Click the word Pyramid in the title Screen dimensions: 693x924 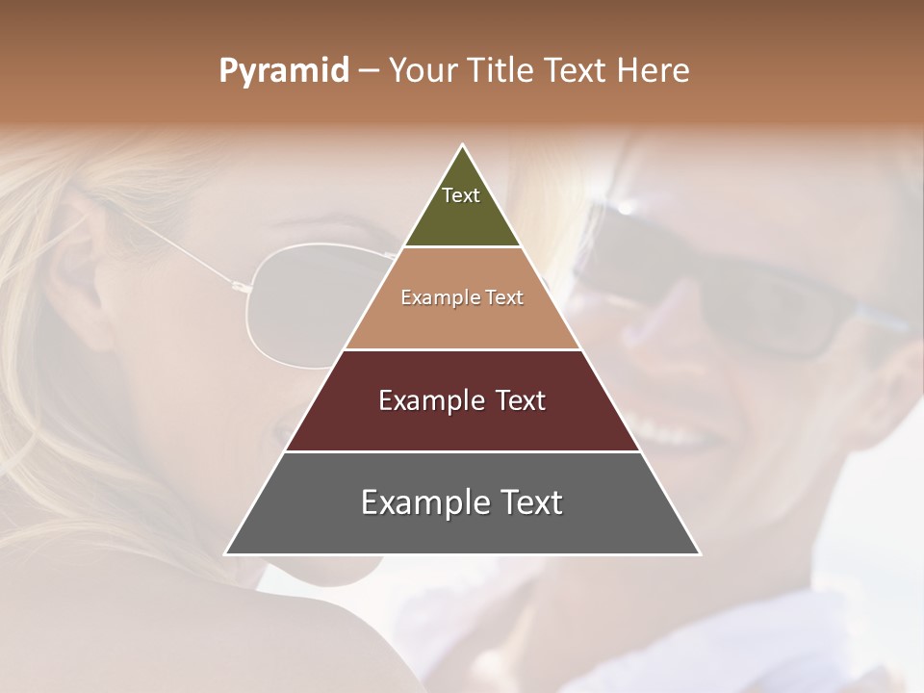[284, 71]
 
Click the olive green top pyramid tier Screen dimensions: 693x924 [462, 217]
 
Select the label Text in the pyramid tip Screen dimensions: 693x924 [461, 195]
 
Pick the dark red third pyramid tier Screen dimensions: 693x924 [462, 423]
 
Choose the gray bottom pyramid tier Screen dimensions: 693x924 [462, 529]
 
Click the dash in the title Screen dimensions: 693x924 [368, 71]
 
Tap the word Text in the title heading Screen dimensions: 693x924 [577, 71]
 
